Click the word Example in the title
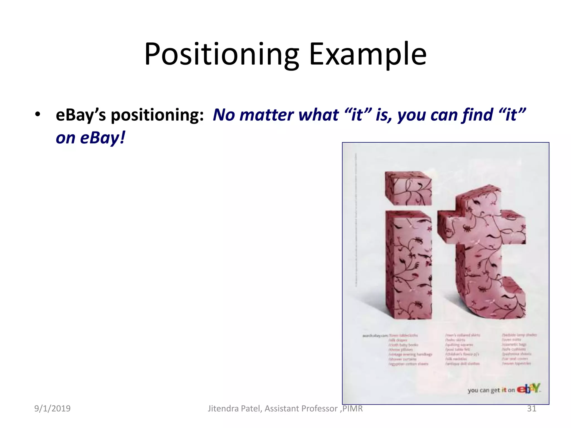coord(367,54)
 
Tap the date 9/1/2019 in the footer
coord(52,408)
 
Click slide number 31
coord(531,408)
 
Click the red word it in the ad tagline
coord(504,390)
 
